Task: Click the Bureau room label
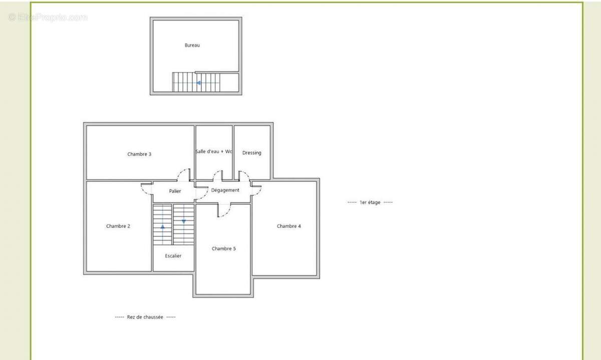(x=192, y=46)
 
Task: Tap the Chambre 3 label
(x=139, y=154)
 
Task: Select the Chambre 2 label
(x=118, y=226)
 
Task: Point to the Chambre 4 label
(x=288, y=226)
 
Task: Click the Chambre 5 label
(x=223, y=249)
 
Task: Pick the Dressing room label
(x=251, y=153)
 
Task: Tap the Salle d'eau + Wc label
(x=214, y=152)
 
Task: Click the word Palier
(x=175, y=191)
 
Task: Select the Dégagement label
(x=225, y=190)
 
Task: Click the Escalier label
(x=173, y=256)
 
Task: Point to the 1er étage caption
(x=370, y=202)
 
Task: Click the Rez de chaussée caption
(x=145, y=317)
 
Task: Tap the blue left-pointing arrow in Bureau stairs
(x=198, y=83)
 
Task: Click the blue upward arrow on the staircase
(x=163, y=227)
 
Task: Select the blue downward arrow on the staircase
(x=184, y=222)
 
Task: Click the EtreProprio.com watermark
(x=48, y=18)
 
